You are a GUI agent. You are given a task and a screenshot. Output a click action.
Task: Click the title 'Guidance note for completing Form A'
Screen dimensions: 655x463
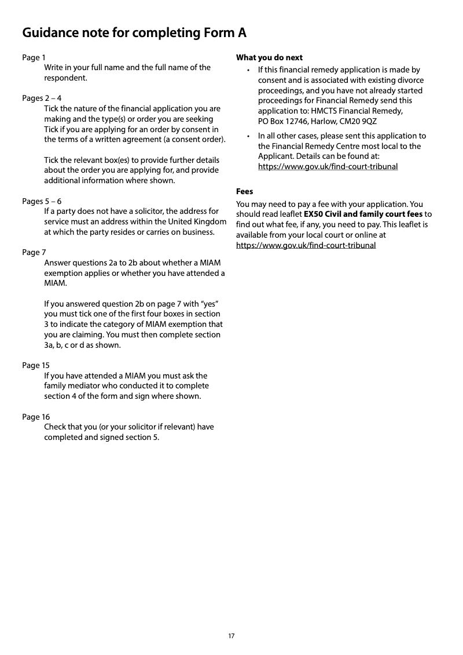[x=134, y=33]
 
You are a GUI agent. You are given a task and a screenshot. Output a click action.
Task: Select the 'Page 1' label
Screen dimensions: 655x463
[x=34, y=57]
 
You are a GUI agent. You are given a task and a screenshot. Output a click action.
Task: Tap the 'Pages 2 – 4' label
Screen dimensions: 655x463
[x=42, y=98]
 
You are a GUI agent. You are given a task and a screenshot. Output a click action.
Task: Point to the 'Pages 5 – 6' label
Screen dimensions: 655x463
[x=42, y=201]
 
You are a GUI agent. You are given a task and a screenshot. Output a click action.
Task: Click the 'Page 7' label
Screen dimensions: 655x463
[x=34, y=252]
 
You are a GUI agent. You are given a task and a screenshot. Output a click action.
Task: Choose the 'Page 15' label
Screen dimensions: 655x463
[x=36, y=365]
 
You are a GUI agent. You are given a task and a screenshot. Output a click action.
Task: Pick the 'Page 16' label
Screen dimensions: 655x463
[x=36, y=417]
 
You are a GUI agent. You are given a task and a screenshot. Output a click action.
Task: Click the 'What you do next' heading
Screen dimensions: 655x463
[x=269, y=57]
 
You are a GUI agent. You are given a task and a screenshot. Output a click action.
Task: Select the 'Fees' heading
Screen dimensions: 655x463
[x=244, y=191]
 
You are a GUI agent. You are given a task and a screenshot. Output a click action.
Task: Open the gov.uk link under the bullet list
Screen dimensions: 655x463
[x=328, y=167]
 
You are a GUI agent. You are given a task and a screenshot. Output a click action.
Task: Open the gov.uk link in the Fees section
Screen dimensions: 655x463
[x=306, y=245]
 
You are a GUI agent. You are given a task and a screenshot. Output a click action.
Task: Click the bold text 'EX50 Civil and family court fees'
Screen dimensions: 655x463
[x=363, y=214]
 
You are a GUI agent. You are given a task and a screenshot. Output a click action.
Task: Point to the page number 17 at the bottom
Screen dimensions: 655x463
[x=231, y=636]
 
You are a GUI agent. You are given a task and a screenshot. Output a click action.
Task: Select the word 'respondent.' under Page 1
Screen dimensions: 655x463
[x=66, y=78]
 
